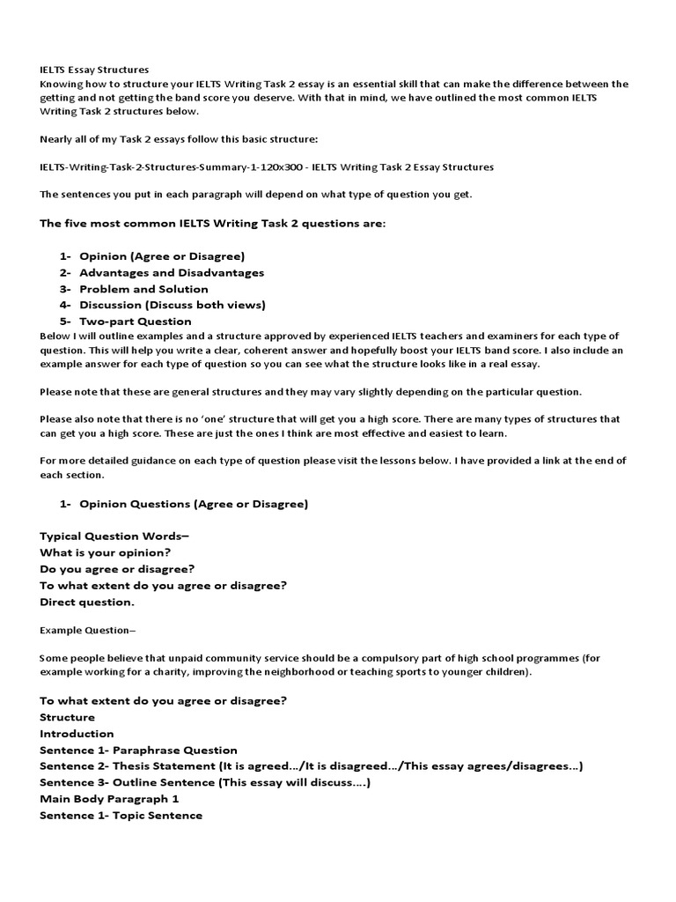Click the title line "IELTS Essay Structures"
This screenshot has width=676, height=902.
coord(94,69)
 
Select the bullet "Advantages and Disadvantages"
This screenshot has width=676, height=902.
coord(172,273)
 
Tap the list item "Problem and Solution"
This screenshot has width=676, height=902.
coord(143,289)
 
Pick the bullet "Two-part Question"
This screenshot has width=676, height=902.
coord(135,322)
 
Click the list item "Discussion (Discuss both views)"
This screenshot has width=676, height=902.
coord(172,305)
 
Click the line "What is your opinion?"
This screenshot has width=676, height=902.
coord(106,552)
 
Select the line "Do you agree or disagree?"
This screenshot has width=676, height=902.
coord(117,569)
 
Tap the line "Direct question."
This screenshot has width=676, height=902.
coord(87,603)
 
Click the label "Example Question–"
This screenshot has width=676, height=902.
coord(88,630)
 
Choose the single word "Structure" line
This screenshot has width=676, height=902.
coord(67,717)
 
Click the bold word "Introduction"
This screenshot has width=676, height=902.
coord(77,733)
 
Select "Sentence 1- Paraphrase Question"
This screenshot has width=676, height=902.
coord(138,750)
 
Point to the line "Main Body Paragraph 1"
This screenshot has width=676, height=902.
coord(109,799)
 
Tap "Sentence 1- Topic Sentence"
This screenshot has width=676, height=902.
coord(121,816)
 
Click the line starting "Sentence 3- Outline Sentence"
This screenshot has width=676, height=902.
coord(205,782)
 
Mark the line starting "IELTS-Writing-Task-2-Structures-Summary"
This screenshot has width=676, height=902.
coord(267,166)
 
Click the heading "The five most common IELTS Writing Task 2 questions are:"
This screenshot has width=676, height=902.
coord(212,224)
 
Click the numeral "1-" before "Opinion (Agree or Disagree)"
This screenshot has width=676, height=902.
coord(65,256)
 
